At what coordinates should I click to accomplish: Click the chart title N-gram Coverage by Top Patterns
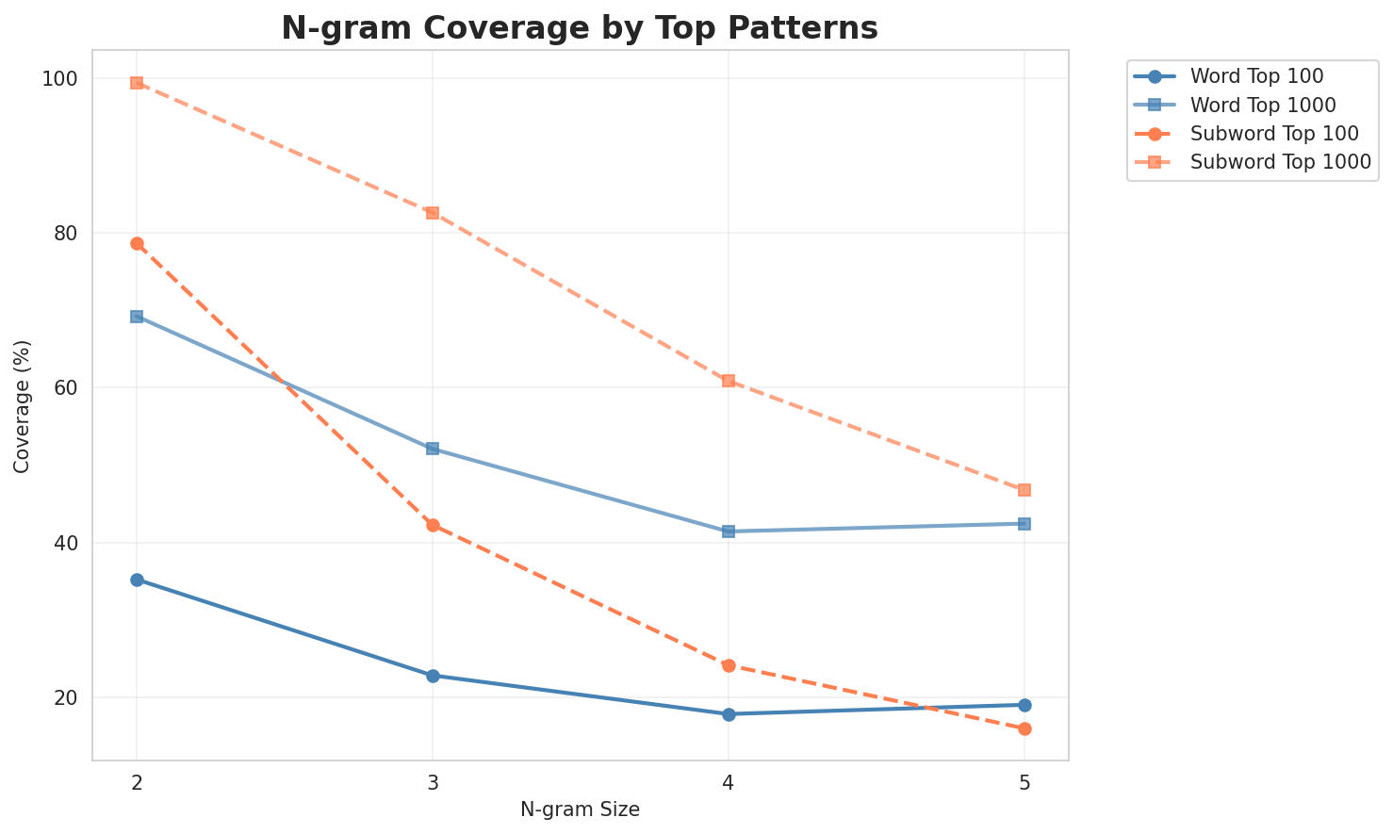tap(580, 28)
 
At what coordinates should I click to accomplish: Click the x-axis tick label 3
tap(433, 782)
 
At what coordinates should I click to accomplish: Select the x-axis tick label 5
tap(1024, 782)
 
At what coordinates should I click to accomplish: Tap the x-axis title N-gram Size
tap(580, 809)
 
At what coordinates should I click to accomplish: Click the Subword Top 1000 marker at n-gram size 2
tap(137, 83)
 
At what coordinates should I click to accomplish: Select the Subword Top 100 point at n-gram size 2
tap(137, 244)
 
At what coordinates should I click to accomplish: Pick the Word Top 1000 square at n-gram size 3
tap(433, 449)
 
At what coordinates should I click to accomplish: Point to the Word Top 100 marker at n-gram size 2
tap(137, 580)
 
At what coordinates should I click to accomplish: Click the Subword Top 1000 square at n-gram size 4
tap(729, 381)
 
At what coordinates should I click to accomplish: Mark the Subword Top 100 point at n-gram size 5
tap(1024, 728)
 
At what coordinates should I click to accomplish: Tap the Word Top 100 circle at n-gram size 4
tap(729, 714)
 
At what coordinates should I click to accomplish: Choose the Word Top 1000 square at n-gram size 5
tap(1024, 524)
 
